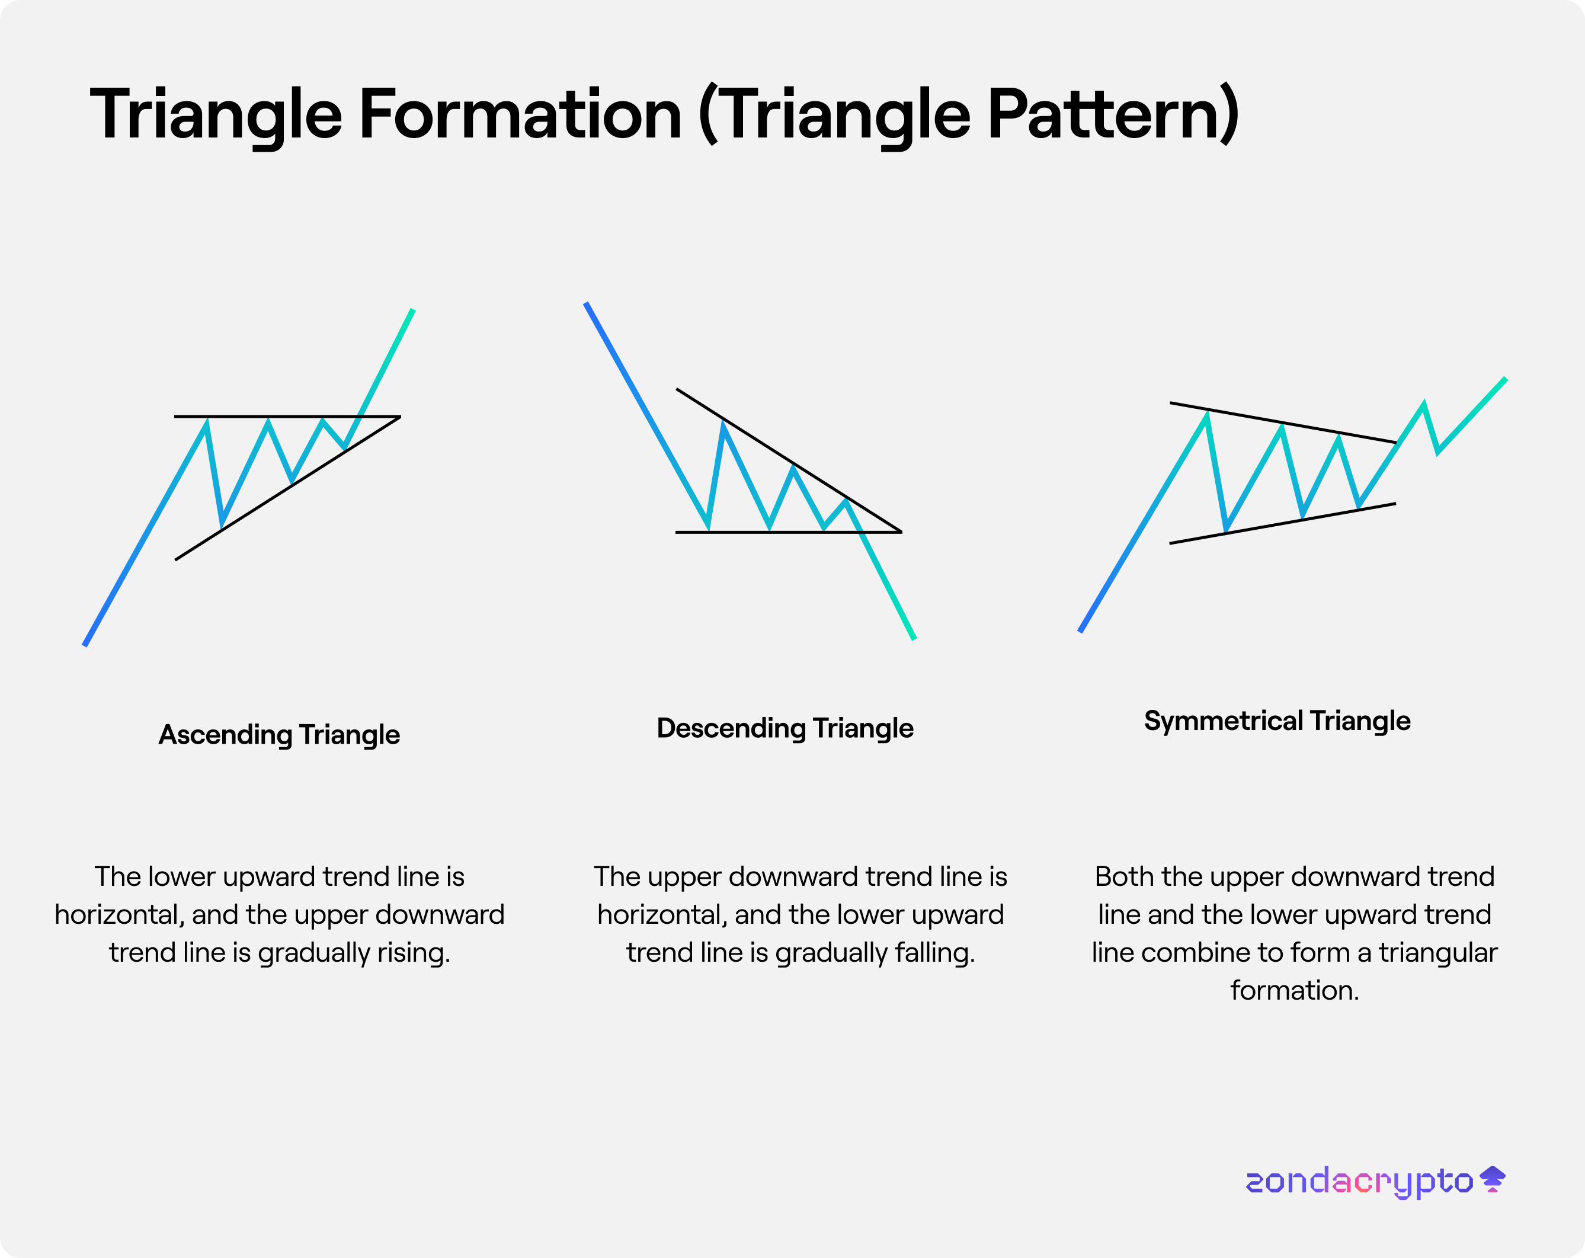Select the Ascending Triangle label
(x=279, y=735)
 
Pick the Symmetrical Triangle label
(x=1277, y=721)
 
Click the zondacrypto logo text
(x=1359, y=1182)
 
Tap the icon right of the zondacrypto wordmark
(x=1493, y=1179)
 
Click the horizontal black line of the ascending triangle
(x=287, y=417)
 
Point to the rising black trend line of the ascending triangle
(x=287, y=488)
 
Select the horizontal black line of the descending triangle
(x=789, y=532)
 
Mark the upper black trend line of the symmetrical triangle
(x=1283, y=422)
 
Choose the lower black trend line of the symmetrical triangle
(x=1282, y=523)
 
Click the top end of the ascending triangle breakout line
(x=412, y=311)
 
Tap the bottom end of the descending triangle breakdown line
(x=914, y=639)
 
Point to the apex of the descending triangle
(x=901, y=532)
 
